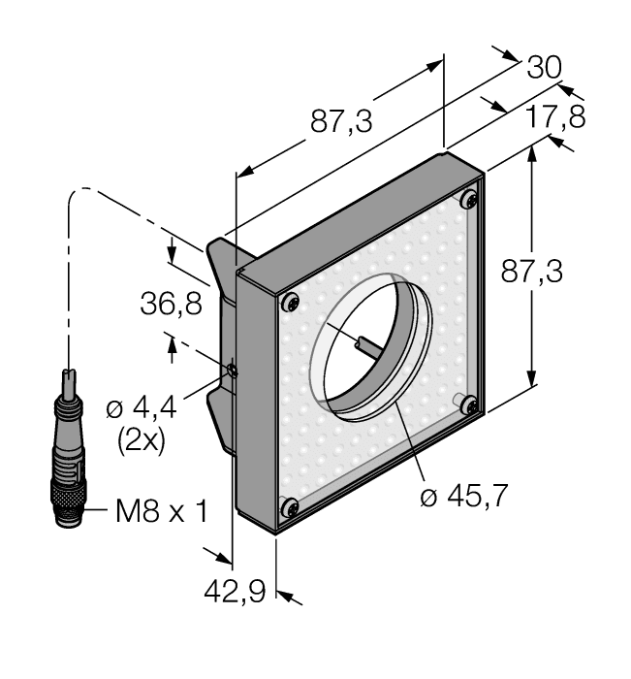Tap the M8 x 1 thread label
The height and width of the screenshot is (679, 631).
[x=161, y=510]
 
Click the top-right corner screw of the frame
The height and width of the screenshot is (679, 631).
[x=469, y=201]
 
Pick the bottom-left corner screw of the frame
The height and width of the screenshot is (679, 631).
[x=288, y=505]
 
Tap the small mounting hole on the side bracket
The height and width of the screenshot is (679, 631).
[x=231, y=369]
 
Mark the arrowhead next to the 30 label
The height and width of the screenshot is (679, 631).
[x=512, y=53]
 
